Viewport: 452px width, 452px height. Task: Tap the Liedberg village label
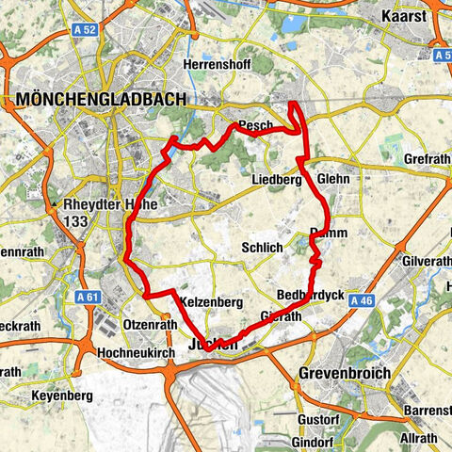click(276, 179)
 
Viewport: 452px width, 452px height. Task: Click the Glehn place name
click(333, 178)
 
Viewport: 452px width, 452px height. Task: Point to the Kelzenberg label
click(212, 301)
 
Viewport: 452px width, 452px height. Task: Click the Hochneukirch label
click(136, 353)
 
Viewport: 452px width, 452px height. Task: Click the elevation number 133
click(78, 220)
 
